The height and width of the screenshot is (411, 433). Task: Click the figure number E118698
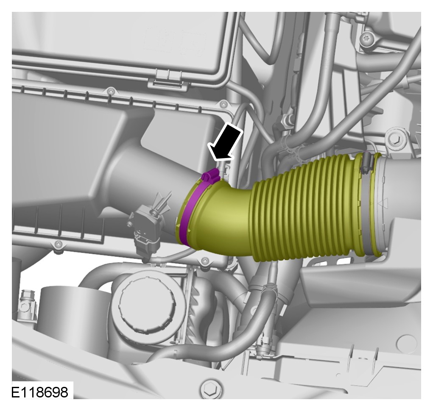pyautogui.click(x=39, y=392)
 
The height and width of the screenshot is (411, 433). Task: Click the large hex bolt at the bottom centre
pyautogui.click(x=211, y=389)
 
